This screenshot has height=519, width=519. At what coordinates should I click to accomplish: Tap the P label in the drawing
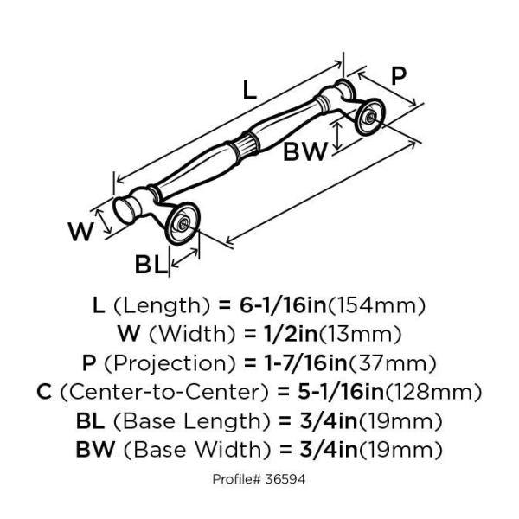click(397, 75)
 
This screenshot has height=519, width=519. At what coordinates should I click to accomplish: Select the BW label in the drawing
click(305, 152)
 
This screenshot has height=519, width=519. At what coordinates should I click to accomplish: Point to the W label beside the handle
click(81, 232)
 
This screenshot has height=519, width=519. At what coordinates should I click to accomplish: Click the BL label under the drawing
click(151, 265)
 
